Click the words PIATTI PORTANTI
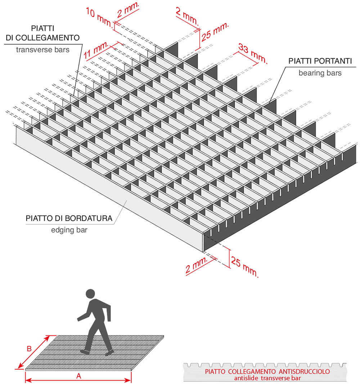tap(320, 61)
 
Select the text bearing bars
tap(320, 73)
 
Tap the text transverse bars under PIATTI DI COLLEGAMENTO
tap(42, 50)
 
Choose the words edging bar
tap(69, 230)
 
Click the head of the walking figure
tap(90, 293)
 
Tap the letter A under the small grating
tap(78, 376)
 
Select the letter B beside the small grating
tap(30, 349)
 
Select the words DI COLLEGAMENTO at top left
tap(42, 37)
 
